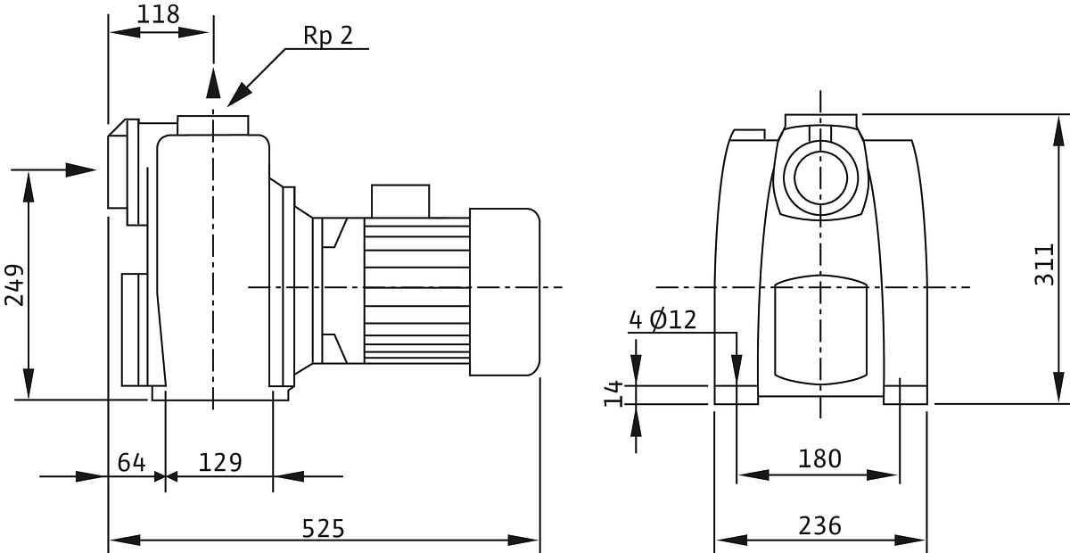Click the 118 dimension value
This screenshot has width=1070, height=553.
pos(158,14)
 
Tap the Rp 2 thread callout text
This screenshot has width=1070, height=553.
pos(328,36)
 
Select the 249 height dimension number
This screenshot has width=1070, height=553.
pos(14,285)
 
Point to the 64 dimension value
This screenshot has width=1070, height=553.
pos(131,462)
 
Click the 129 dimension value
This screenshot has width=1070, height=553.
pos(220,462)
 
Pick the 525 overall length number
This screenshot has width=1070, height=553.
pos(323,529)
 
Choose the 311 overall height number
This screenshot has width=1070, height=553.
pos(1044,265)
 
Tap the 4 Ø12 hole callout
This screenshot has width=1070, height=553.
pos(663,319)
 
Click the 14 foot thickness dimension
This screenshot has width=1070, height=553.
pos(613,394)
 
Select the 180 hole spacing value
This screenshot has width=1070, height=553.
pos(819,458)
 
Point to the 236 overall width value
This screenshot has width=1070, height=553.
pos(819,525)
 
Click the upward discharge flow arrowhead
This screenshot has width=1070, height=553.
pos(213,83)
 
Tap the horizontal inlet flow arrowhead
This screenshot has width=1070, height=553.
pos(81,169)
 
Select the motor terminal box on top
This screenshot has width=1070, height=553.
pos(400,202)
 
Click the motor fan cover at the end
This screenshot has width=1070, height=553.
pos(505,292)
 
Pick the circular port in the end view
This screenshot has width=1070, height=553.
pos(820,177)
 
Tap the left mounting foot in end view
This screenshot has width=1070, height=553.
pos(737,395)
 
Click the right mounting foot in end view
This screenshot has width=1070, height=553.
pos(905,395)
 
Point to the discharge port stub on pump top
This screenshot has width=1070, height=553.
pos(213,125)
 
